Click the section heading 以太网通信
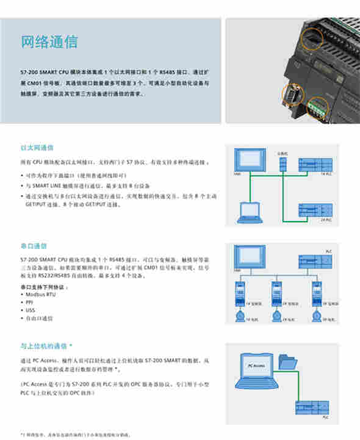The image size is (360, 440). point(37,148)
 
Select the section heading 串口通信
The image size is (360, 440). point(34,246)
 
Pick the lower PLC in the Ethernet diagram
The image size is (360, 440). point(314,211)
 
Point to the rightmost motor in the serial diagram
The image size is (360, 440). point(316,316)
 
